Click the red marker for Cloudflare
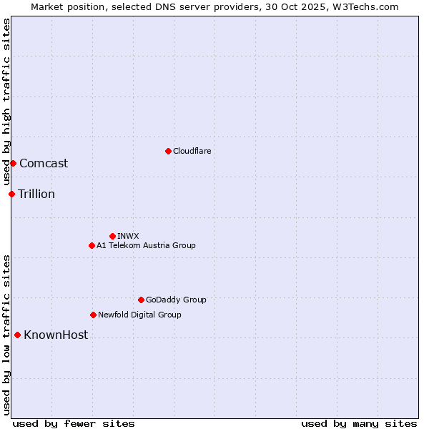(x=168, y=151)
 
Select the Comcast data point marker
(x=13, y=163)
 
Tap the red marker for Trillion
(x=11, y=194)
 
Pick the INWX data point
(x=112, y=236)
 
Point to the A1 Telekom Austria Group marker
(x=92, y=245)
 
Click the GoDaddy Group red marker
(x=141, y=300)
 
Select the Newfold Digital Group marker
(x=93, y=315)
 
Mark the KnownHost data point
(x=17, y=335)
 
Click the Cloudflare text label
(x=192, y=151)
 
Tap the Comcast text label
(x=44, y=163)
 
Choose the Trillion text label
(x=36, y=194)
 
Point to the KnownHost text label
(x=56, y=335)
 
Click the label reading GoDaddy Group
(x=176, y=300)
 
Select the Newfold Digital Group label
(x=139, y=315)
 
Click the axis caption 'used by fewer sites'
(x=74, y=423)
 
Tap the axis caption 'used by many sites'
(x=359, y=423)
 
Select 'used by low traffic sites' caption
(x=6, y=335)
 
